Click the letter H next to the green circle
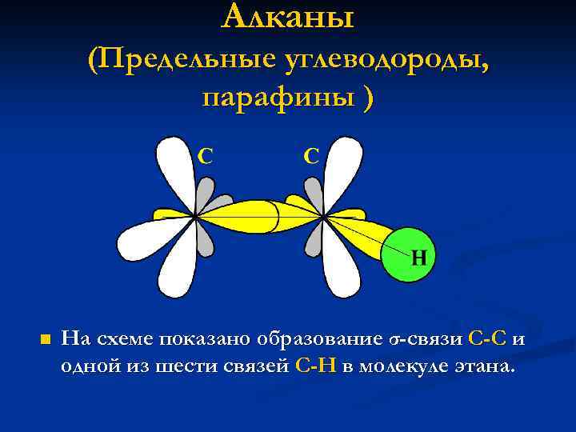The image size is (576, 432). pyautogui.click(x=418, y=258)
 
